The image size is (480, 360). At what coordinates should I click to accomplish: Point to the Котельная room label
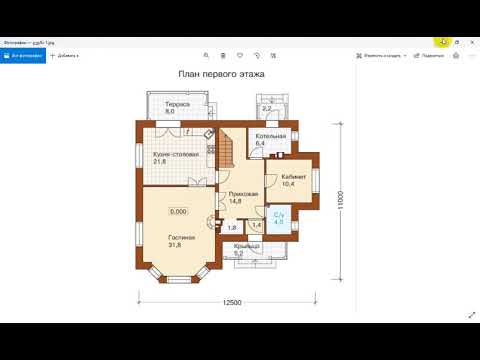pos(270,135)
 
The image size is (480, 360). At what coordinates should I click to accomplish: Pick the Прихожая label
pos(243,193)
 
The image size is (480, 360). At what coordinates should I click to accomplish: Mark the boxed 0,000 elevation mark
pos(178,212)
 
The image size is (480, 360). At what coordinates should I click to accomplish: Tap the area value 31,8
pos(181,245)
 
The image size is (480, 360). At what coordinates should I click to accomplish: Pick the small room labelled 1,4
pos(256,225)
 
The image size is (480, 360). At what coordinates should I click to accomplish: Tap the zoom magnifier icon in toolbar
pos(206,56)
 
